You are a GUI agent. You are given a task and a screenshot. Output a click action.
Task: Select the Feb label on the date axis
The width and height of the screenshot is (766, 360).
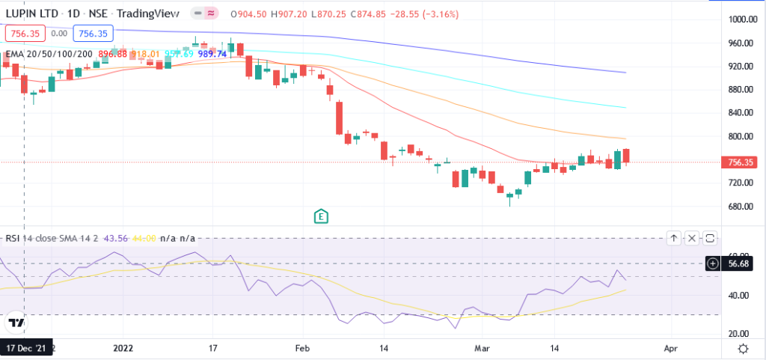302,348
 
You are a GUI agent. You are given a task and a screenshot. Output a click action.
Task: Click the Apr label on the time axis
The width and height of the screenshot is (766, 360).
670,348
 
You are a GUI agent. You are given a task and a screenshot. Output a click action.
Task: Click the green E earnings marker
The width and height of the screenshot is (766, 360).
322,216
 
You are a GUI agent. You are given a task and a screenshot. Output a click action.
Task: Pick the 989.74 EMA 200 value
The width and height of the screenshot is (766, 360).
212,54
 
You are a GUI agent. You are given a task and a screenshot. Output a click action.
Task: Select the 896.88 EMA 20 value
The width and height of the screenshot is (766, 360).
112,54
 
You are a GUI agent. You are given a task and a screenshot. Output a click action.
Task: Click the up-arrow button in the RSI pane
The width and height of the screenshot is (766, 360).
674,238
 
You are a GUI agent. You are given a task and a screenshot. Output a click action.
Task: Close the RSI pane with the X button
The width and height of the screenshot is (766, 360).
692,238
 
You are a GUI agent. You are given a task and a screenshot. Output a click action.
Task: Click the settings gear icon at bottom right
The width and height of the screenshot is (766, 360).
743,348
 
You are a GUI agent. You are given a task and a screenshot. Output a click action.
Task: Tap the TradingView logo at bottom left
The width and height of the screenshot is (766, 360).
15,323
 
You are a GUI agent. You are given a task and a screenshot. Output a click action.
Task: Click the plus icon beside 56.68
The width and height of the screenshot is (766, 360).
713,263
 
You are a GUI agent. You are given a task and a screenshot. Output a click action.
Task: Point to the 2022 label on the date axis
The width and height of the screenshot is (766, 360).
123,348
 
